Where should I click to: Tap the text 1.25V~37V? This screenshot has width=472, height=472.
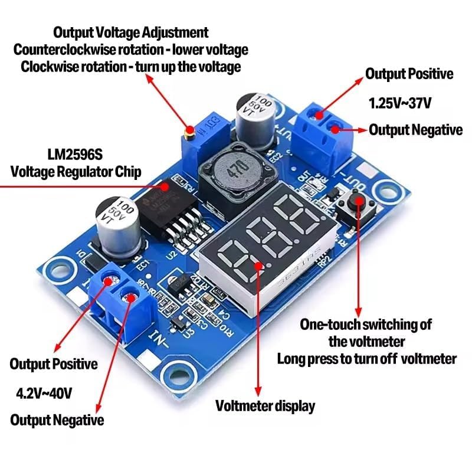pos(400,103)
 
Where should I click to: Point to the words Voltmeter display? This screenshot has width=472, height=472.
pos(265,406)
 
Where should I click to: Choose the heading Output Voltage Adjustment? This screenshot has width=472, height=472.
pos(130,32)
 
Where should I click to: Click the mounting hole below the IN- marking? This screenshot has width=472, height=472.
pos(178,374)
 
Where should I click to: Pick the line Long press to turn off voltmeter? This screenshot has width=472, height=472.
pos(366,358)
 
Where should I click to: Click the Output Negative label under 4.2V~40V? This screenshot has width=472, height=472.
pos(57,420)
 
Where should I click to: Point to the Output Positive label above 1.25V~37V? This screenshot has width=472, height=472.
pos(409,74)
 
